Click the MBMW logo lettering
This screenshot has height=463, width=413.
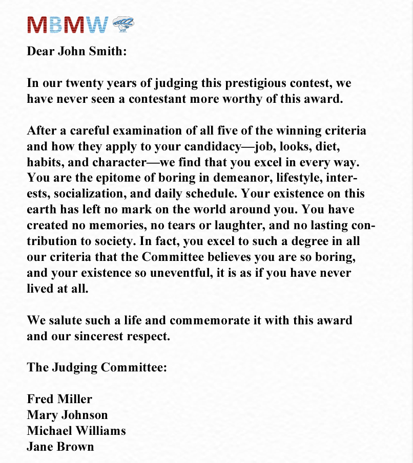pos(68,25)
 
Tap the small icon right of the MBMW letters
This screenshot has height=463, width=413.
pos(123,24)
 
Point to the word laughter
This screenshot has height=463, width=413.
pos(227,225)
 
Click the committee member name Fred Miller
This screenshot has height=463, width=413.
pos(59,399)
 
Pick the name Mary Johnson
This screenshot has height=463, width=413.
pos(67,414)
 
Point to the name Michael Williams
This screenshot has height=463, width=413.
pos(76,430)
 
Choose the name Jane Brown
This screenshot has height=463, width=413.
pos(60,446)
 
